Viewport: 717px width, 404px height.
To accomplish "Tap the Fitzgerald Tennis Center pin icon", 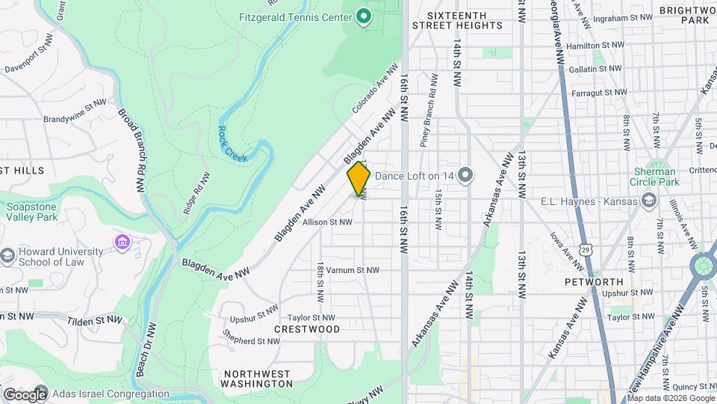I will [364, 16].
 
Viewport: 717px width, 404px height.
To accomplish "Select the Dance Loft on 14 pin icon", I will [465, 176].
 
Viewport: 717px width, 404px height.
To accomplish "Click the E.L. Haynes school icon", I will [649, 201].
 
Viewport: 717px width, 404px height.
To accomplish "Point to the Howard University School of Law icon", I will [7, 257].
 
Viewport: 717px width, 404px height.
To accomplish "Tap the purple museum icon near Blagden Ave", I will [122, 242].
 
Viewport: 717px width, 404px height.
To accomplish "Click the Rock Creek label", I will [233, 140].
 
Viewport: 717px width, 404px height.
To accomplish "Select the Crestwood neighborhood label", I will [307, 329].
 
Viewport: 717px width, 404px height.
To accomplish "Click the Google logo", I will [25, 394].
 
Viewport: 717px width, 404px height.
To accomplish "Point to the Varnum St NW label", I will [353, 270].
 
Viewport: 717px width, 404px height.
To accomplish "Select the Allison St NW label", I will [326, 222].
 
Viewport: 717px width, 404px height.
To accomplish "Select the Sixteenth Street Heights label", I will [465, 19].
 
